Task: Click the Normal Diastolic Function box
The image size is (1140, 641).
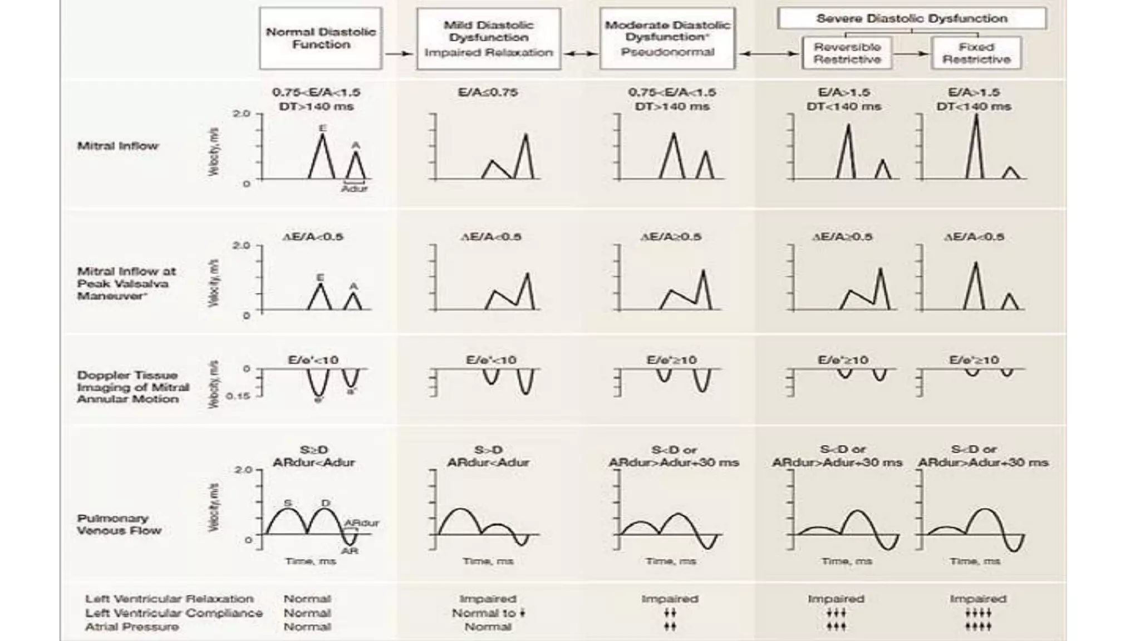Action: click(x=321, y=38)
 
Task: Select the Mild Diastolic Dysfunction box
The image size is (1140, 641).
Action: click(x=488, y=38)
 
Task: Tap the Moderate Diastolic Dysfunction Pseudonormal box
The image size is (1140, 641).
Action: click(x=667, y=38)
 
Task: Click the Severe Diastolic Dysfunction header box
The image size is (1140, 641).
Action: click(x=911, y=18)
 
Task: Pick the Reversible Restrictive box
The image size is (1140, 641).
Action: click(x=847, y=53)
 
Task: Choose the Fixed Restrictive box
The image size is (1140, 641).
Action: click(x=976, y=53)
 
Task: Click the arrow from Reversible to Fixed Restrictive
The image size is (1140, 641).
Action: click(x=911, y=53)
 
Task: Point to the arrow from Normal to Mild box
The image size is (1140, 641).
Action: click(x=399, y=53)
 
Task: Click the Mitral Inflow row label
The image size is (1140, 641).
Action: click(x=117, y=146)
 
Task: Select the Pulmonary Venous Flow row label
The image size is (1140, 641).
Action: click(x=119, y=524)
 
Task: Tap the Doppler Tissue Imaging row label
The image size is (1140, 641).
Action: click(x=132, y=387)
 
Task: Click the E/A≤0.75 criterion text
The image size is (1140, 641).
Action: click(x=488, y=92)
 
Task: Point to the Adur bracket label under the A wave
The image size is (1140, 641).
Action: click(x=355, y=188)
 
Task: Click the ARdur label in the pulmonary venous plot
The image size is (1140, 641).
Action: click(x=361, y=523)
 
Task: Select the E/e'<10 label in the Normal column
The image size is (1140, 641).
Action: click(x=313, y=360)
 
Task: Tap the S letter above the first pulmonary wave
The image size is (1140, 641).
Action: click(x=288, y=503)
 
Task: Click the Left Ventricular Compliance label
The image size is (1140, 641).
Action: click(x=174, y=613)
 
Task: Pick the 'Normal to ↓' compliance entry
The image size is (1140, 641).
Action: click(x=488, y=613)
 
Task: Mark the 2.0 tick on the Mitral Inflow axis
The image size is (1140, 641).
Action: click(x=242, y=114)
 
